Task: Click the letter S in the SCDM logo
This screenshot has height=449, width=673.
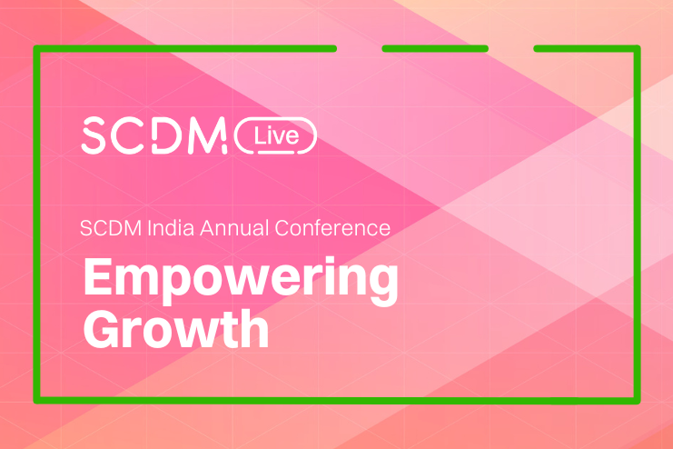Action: coord(94,135)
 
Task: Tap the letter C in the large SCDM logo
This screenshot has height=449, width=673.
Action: coord(127,135)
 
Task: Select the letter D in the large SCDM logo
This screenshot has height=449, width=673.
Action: coord(167,135)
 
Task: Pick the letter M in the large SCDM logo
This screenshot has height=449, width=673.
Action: coord(207,135)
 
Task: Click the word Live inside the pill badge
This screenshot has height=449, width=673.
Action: coord(276,135)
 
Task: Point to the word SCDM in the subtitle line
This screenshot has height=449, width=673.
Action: coord(111,228)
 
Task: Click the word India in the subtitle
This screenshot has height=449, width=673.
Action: coord(171,228)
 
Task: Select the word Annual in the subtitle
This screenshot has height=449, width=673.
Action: coord(234,228)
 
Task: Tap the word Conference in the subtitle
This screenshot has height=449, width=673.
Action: coord(332,228)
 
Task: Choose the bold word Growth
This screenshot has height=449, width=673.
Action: coord(176,329)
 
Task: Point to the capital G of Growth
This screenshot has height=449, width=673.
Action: coord(101,329)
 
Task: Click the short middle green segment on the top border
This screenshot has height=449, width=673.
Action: coord(435,48)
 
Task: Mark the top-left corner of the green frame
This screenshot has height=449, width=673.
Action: coord(36,48)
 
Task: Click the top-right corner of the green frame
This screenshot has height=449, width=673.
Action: coord(638,48)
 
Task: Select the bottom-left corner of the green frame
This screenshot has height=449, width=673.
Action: coord(36,401)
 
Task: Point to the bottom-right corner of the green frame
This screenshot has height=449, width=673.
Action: coord(638,401)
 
